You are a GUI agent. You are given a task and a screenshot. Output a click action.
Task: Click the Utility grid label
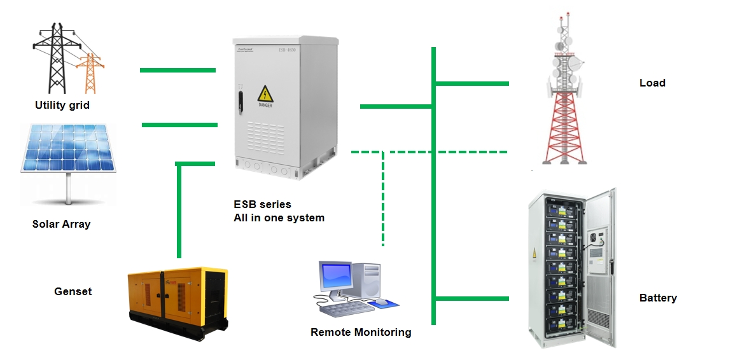(62, 106)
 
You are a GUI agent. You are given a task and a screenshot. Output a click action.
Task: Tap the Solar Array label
(61, 224)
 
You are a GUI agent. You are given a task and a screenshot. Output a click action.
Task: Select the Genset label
(73, 292)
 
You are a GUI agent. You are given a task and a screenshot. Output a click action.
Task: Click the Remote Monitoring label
(361, 332)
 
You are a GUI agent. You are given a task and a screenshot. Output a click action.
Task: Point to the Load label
(652, 83)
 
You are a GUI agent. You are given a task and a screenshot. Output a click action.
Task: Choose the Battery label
(658, 298)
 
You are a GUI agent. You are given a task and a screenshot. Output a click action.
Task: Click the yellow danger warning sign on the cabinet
(265, 95)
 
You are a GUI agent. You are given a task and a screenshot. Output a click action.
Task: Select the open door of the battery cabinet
(600, 267)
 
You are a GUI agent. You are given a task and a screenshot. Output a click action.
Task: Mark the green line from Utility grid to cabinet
(178, 69)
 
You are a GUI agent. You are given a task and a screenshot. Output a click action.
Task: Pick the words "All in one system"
(279, 218)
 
